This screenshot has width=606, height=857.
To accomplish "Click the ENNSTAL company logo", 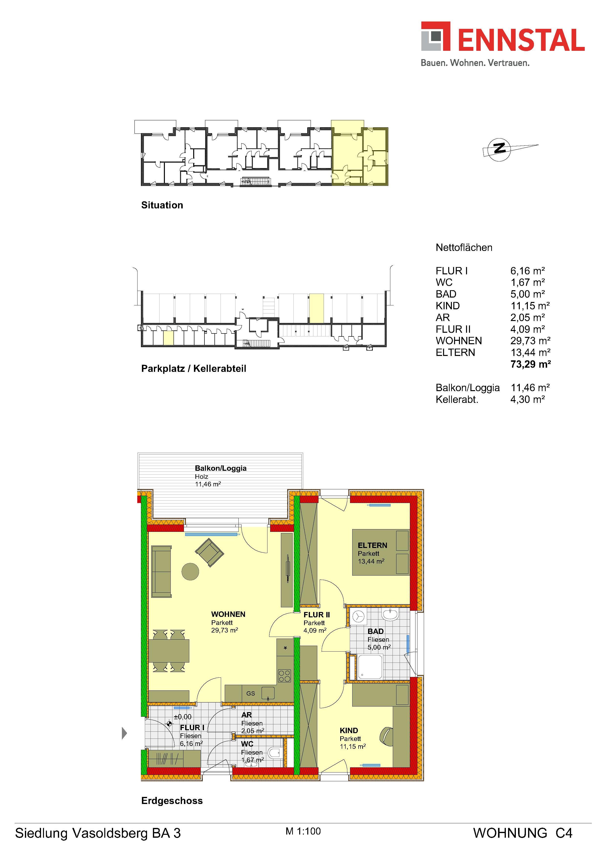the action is [x=503, y=44].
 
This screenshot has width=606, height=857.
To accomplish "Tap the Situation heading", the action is [x=162, y=205].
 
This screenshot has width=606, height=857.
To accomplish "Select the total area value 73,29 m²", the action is [x=530, y=364].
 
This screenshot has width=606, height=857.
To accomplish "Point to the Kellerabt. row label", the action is [x=457, y=399].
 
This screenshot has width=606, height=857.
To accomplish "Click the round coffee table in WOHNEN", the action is [x=190, y=571].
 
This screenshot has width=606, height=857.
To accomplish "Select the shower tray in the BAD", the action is [x=370, y=667].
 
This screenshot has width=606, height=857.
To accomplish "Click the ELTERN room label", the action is [x=372, y=545].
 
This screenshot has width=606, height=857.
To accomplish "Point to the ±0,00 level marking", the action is [x=182, y=717].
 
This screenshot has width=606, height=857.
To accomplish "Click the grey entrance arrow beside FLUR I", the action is [x=125, y=733].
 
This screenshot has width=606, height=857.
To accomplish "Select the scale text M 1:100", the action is [x=303, y=831].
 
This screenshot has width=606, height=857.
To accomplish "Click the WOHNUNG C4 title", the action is [x=522, y=833].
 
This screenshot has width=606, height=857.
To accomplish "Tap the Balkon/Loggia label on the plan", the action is [x=221, y=468].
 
